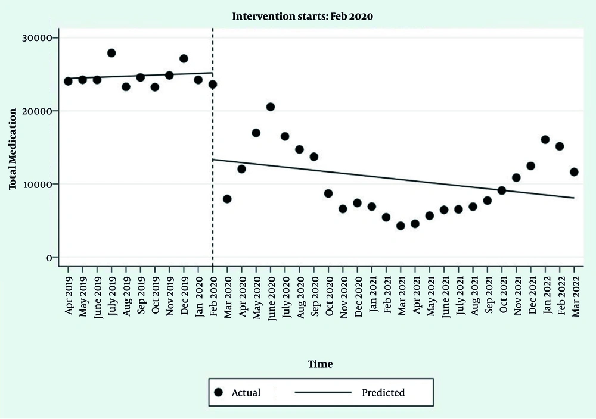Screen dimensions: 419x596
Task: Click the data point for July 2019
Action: coord(111,53)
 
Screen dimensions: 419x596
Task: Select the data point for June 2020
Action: coord(271,107)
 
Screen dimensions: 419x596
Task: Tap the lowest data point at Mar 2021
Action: coord(401,226)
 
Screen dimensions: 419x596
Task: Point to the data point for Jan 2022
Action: coord(545,140)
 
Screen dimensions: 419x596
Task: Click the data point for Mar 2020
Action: coord(227,199)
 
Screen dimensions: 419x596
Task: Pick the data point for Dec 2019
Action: coord(184,59)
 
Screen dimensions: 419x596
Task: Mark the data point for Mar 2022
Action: coord(574,172)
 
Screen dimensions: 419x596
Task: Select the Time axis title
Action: coord(320,364)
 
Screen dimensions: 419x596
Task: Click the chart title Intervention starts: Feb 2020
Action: coord(302,17)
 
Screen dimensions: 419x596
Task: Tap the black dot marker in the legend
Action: coord(218,393)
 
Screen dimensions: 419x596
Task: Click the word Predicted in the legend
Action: coord(383,393)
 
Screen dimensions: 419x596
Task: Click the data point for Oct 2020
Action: coord(328,193)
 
